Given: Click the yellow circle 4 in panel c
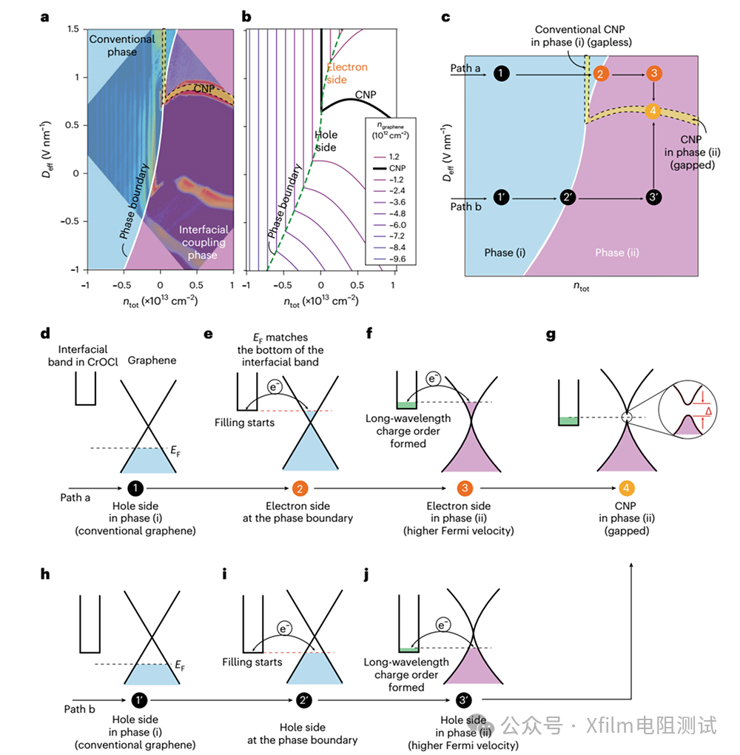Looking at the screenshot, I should pos(653,112).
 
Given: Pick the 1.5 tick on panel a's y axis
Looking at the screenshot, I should pos(72,28).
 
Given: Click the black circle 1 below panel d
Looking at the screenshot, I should pos(135,487).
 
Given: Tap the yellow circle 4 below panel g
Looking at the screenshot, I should pos(626,487).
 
